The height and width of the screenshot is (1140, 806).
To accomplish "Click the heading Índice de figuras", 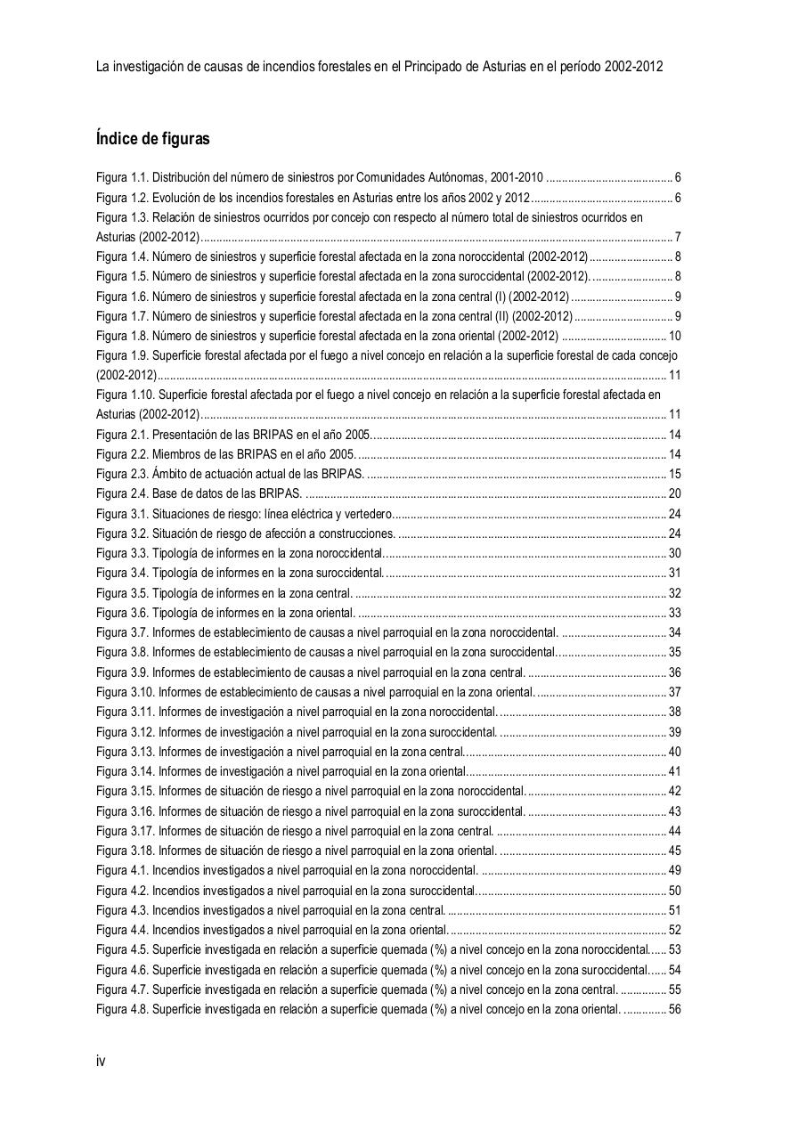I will coord(152,139).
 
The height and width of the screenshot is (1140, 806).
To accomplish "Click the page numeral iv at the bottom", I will coord(101,1062).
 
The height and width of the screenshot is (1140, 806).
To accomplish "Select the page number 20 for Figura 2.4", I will coord(674,494).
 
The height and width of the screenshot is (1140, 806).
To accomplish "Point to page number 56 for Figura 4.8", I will coord(674,1010).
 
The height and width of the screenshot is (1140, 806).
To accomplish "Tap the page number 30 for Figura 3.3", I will coord(674,554).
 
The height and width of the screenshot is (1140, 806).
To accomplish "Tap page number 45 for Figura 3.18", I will coord(674,851).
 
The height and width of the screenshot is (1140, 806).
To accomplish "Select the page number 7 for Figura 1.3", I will coord(678,237).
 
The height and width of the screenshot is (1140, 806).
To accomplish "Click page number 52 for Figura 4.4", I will coord(674,931).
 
